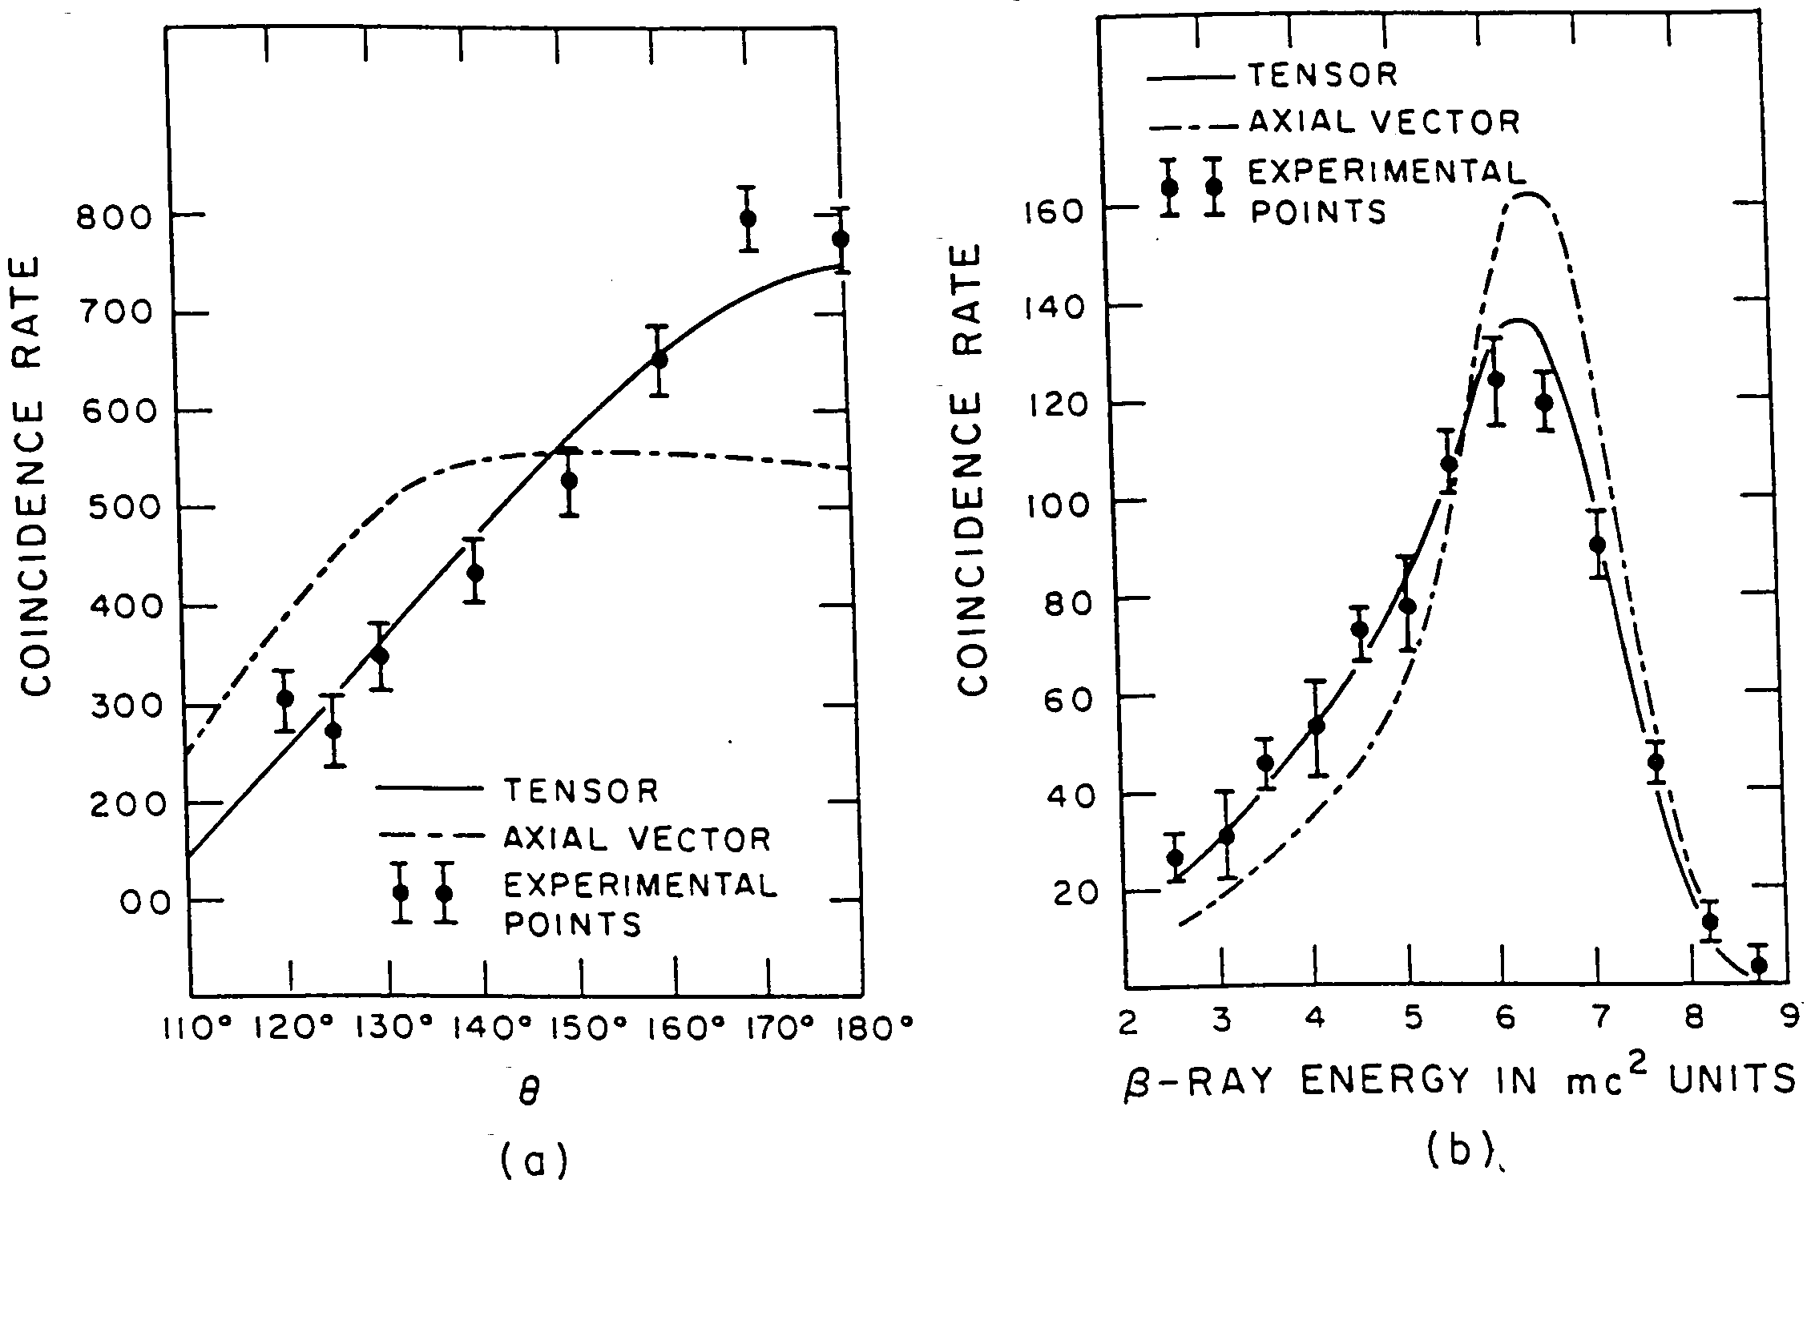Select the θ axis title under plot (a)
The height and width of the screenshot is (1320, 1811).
point(529,1093)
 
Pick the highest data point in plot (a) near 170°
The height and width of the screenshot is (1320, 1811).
point(748,219)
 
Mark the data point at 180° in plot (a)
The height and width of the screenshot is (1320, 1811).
point(841,239)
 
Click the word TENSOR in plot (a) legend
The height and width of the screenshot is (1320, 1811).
point(581,791)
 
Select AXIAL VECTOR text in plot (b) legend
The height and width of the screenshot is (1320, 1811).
point(1383,123)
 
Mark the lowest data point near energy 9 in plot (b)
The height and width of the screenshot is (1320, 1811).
point(1758,965)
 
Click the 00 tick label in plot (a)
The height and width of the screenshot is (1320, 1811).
point(147,903)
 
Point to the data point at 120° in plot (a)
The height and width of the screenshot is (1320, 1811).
point(284,698)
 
